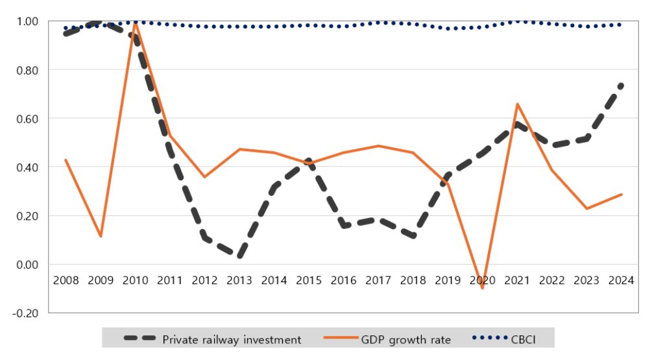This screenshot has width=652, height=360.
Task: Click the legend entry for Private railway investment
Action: (x=212, y=339)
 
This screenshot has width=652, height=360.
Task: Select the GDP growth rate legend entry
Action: (x=387, y=339)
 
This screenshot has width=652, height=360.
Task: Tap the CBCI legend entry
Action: (x=504, y=339)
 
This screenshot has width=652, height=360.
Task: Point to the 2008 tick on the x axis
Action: (x=66, y=280)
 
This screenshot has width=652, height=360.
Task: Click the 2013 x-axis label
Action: (x=239, y=280)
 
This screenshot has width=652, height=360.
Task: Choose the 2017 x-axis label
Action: (x=378, y=280)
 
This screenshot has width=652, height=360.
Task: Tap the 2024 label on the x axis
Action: (x=621, y=280)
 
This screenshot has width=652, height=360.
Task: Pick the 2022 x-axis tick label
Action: (x=551, y=280)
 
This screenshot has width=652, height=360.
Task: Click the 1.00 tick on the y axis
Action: (x=27, y=21)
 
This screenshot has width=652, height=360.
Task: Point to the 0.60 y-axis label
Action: (x=27, y=119)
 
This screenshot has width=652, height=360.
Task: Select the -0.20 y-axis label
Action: (x=25, y=313)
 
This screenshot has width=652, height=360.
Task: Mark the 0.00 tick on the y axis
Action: (x=27, y=265)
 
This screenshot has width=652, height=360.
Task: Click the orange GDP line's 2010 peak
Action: (x=135, y=23)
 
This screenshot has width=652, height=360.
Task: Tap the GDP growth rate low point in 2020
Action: (x=482, y=288)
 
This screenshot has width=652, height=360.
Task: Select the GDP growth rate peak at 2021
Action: (x=517, y=104)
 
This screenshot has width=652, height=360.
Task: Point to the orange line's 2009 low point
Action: (x=101, y=236)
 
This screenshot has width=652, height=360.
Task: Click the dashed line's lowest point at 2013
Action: (x=239, y=256)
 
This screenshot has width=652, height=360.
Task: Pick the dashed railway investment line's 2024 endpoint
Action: (x=621, y=86)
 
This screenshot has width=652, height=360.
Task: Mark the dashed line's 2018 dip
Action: (x=413, y=235)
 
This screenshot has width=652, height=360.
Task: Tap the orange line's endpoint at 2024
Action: (x=622, y=194)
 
